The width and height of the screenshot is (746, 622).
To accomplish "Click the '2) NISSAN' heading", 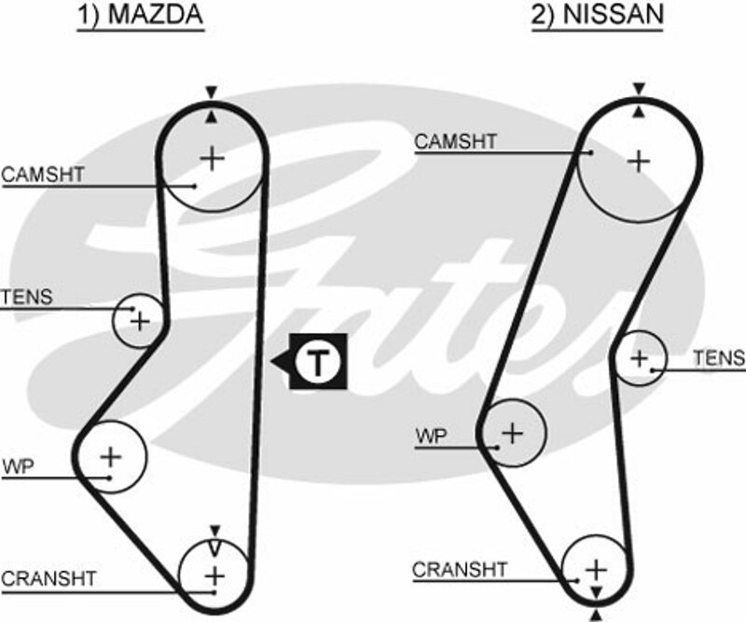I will click(598, 16).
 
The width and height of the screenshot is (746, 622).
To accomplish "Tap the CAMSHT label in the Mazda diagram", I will click(43, 174).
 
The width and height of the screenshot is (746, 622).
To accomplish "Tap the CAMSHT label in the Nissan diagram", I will click(456, 142).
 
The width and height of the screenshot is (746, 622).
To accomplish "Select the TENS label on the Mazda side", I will click(27, 299).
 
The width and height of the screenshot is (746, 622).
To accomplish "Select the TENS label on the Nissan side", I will click(719, 358).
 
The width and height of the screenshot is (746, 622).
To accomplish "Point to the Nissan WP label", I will click(431, 435).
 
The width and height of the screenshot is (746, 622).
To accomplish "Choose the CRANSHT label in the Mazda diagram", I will click(48, 579).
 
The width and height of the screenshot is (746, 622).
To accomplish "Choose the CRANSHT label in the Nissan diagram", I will click(460, 569).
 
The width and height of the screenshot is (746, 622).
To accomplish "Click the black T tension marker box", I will click(318, 361).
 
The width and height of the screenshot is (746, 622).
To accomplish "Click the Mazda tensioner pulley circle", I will click(139, 322).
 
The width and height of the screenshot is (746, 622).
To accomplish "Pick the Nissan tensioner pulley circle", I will click(640, 357).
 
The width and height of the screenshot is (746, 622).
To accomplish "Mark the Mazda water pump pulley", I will click(111, 456).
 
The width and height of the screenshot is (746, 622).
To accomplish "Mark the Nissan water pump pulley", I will click(511, 432).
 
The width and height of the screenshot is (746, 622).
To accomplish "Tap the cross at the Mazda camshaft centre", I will click(214, 159).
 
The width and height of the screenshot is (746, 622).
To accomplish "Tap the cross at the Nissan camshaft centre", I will click(639, 161).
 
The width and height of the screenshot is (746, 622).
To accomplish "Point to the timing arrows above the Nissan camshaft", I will click(639, 100).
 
